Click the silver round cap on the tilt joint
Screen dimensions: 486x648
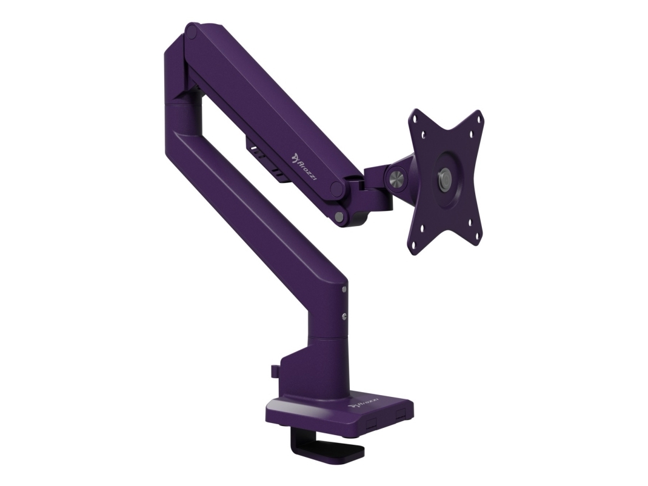[x=396, y=179]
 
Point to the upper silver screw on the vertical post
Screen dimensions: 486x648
[x=344, y=290]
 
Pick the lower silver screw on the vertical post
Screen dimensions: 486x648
[x=344, y=315]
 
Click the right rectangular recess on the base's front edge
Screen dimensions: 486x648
[x=399, y=414]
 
